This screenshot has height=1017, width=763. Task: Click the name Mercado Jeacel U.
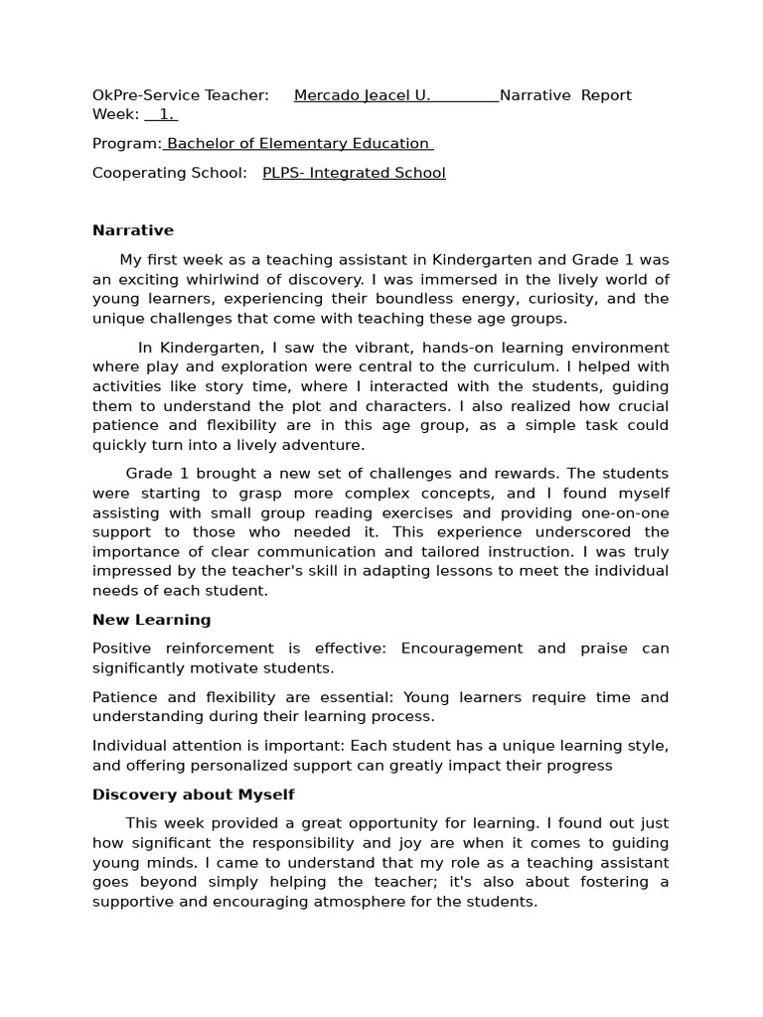(362, 95)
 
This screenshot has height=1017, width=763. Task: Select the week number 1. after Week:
(166, 114)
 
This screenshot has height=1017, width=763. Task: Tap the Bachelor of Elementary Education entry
(298, 143)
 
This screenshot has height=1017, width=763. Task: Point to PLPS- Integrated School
(354, 173)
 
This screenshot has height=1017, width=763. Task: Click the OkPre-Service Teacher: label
(180, 95)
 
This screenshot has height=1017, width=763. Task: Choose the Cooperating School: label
(169, 173)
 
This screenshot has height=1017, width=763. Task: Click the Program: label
(126, 143)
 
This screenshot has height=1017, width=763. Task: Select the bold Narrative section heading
(133, 230)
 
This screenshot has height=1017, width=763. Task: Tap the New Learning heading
(151, 620)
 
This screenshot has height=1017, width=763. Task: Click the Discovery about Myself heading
(193, 795)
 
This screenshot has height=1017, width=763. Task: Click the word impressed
(131, 571)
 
